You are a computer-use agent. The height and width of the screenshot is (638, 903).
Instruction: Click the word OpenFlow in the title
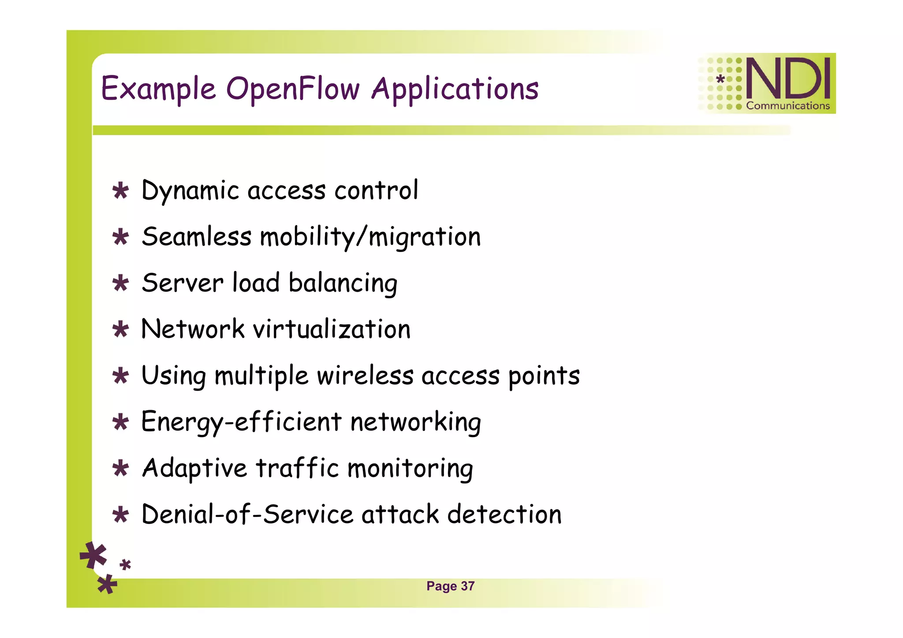click(x=293, y=89)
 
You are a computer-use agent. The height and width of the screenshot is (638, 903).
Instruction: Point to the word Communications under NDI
click(x=787, y=106)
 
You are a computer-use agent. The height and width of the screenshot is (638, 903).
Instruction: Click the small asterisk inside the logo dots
click(x=720, y=79)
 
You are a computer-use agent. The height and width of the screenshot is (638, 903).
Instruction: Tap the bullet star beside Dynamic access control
click(x=120, y=191)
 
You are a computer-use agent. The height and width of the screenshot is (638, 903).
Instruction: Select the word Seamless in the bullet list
click(x=196, y=237)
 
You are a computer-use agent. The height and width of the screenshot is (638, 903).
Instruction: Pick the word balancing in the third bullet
click(x=343, y=283)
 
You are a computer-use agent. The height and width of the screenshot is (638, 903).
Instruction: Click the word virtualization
click(x=331, y=329)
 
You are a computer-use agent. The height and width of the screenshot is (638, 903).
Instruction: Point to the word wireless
click(x=365, y=375)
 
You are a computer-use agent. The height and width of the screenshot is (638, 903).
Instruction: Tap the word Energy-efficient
click(x=241, y=422)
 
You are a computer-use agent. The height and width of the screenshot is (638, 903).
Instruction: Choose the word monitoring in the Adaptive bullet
click(x=410, y=468)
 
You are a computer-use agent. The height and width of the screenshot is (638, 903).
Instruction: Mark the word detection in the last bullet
click(x=504, y=514)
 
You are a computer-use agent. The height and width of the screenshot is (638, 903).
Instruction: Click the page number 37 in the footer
click(x=467, y=586)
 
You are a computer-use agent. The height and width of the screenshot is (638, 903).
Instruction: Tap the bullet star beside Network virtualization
click(x=120, y=330)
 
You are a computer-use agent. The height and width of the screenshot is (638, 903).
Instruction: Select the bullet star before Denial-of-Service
click(x=120, y=515)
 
